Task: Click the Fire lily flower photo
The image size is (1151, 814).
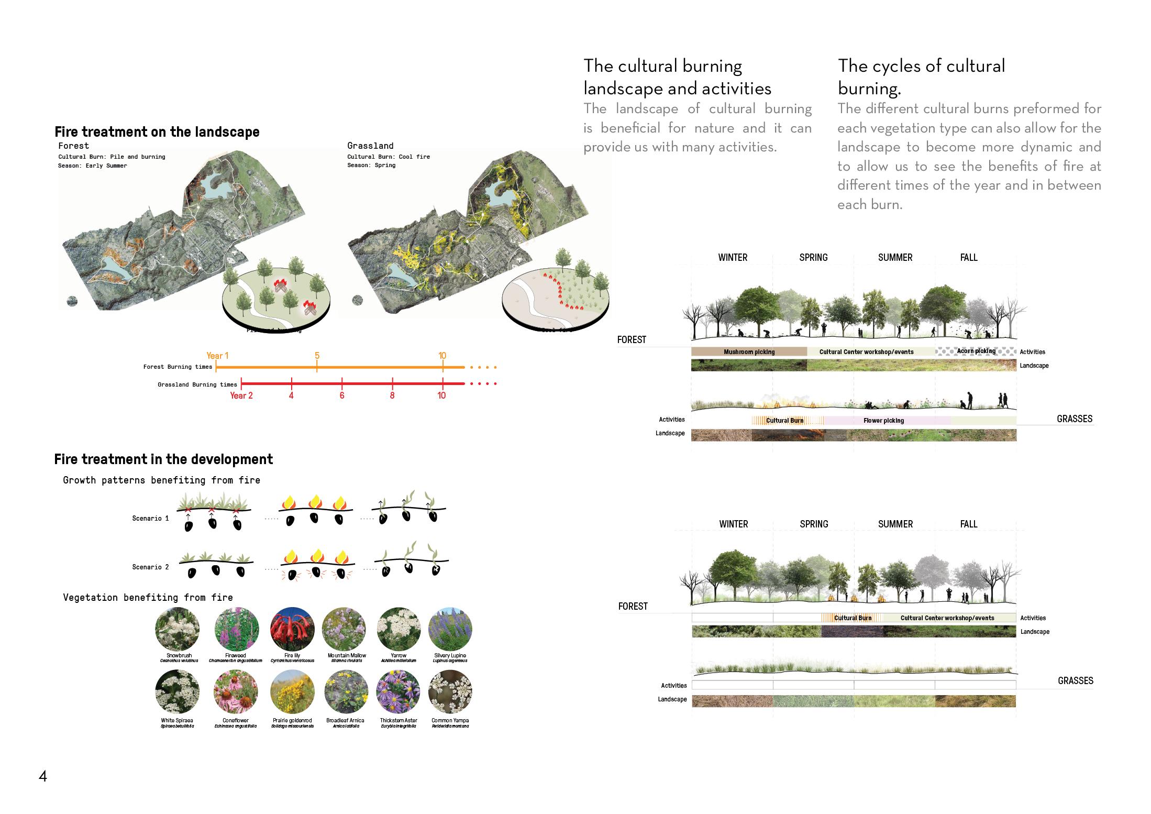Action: tap(292, 629)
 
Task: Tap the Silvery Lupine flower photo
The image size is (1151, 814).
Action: tap(450, 629)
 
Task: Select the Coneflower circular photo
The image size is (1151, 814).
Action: tap(236, 691)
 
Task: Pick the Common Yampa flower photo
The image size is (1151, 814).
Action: tap(450, 691)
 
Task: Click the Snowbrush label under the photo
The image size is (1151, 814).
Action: tap(179, 655)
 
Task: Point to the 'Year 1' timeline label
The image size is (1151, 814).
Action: tap(217, 356)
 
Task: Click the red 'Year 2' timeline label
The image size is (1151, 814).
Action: tap(241, 395)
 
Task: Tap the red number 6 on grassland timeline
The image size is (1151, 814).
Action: tap(342, 395)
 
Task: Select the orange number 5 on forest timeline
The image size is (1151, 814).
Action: tap(317, 356)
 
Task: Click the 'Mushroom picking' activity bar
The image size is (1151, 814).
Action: tap(749, 352)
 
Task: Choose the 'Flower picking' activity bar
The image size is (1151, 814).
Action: tap(883, 420)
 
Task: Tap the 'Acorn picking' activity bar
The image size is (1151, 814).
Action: tap(976, 351)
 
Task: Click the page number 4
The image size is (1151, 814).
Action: tap(43, 776)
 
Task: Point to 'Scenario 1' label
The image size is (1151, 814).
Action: tap(150, 518)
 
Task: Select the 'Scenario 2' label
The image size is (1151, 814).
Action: tap(150, 567)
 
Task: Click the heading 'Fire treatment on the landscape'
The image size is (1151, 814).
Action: tap(157, 131)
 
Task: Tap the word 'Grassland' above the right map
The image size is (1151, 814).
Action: tap(370, 146)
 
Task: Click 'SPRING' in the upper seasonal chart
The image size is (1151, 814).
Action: tap(813, 257)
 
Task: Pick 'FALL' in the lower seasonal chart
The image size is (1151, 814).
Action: tap(969, 524)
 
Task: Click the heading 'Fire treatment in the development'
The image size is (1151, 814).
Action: tap(163, 459)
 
